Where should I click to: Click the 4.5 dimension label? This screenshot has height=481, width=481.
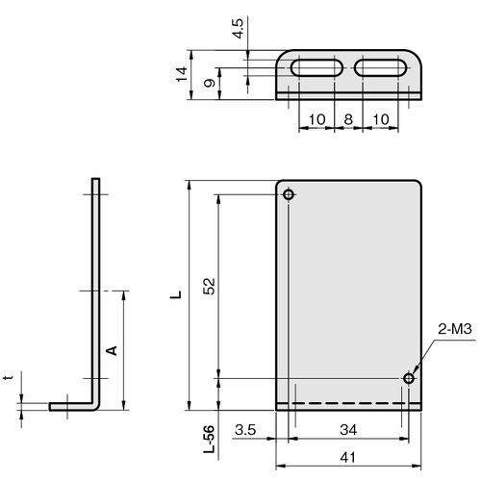(239, 29)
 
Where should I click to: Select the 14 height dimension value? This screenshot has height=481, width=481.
(182, 74)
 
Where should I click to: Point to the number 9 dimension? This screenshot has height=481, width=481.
(210, 83)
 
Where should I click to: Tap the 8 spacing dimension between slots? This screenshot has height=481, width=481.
(348, 119)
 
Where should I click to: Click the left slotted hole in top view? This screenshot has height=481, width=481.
(316, 67)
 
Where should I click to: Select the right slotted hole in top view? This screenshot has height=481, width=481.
(380, 67)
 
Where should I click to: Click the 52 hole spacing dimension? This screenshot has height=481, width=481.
(209, 286)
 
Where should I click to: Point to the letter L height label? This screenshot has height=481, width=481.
(176, 294)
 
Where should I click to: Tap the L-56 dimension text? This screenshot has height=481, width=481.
(209, 439)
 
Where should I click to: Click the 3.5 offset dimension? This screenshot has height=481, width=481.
(245, 430)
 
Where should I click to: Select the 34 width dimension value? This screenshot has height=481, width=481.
(348, 430)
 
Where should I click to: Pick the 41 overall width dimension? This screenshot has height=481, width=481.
(348, 458)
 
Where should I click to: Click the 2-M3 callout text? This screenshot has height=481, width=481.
(455, 329)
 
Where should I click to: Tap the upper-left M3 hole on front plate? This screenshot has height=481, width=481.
(289, 194)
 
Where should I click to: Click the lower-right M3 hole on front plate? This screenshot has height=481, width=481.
(409, 378)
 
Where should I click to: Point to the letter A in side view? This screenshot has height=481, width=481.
(112, 350)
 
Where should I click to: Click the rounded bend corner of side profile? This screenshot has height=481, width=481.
(96, 406)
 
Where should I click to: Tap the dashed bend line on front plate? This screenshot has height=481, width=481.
(348, 403)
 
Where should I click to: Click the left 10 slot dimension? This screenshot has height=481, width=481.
(316, 119)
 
